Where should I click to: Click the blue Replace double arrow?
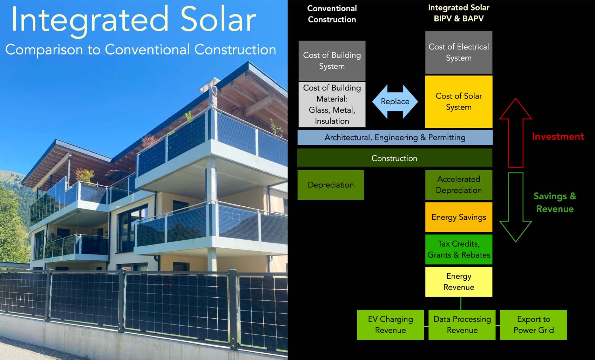(395, 101)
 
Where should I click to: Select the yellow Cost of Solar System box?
(459, 101)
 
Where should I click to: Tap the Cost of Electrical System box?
(459, 52)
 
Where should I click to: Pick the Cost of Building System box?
(332, 61)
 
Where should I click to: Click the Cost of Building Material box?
(332, 105)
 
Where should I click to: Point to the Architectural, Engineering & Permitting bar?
(395, 138)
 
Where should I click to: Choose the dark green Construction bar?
(395, 158)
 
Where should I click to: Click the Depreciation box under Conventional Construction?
(331, 185)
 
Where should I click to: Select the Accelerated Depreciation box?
(459, 185)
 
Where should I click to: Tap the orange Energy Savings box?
(459, 217)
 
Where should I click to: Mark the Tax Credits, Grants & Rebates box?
(459, 249)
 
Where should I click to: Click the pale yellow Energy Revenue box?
(459, 282)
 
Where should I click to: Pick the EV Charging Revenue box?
(391, 325)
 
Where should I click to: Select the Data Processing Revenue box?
(462, 325)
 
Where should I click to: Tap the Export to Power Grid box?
(533, 325)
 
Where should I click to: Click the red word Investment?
(558, 136)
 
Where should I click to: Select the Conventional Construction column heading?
(332, 14)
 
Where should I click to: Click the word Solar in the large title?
(218, 20)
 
